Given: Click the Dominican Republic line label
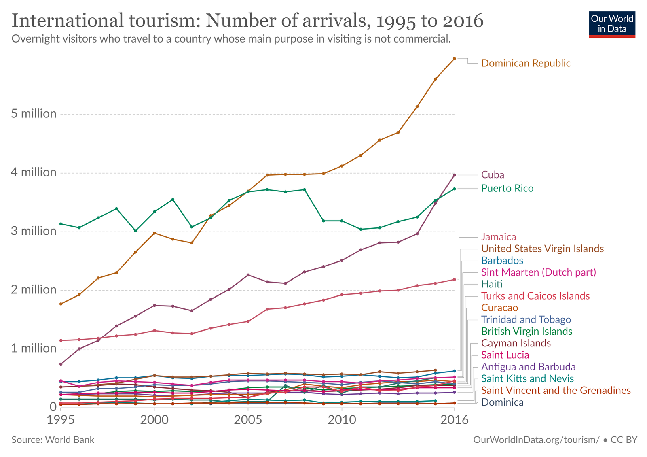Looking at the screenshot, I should pos(526,63).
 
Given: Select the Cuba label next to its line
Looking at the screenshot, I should pos(493,175).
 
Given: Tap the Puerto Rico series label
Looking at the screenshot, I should pos(507,188).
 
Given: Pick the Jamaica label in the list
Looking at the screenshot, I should pos(499,237).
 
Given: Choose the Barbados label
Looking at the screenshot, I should pos(502,260).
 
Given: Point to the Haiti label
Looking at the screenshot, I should pos(492,284).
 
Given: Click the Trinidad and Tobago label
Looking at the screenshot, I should pos(526,319).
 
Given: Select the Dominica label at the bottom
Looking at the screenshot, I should pos(502,402).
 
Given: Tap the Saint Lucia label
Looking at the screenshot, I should pos(505,355).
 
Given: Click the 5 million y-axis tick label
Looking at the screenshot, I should pos(34,114).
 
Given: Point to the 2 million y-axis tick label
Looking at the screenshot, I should pos(34,290).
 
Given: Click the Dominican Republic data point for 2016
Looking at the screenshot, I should pos(454,59).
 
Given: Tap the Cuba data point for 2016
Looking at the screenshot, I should pos(454,175).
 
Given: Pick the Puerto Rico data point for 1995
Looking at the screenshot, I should pos(61,224).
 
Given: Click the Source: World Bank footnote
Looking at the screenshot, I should pos(53,440).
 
